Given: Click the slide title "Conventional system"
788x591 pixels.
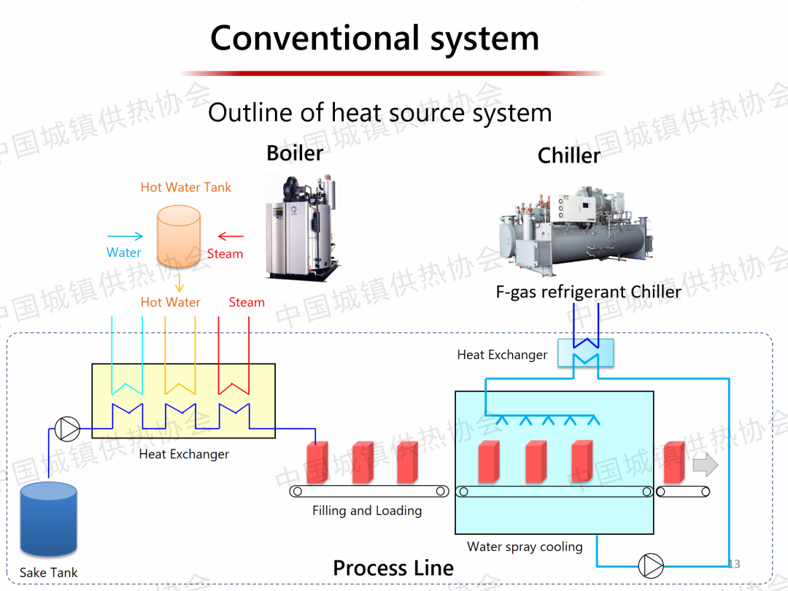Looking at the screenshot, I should coord(374,38).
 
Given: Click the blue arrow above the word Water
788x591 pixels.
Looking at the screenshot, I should coord(125,236).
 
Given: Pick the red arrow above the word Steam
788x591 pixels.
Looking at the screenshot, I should coord(231,236).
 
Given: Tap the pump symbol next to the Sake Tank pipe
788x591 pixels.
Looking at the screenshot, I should coord(68,429).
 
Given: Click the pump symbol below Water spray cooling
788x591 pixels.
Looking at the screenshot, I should coord(650,565).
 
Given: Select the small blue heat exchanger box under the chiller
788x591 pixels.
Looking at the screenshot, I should coord(585,352).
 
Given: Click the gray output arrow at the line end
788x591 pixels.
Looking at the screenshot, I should coord(705,465).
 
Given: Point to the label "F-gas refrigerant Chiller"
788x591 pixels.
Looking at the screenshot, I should coord(588,292).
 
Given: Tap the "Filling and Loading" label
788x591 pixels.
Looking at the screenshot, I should coord(367,511).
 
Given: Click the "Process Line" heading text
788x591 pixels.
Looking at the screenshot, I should coord(393,568).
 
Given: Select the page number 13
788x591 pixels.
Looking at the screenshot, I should coord(734,564).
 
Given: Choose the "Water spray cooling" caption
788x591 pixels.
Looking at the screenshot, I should coord(525,546).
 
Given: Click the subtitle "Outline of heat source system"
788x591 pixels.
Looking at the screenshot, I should coord(379,112).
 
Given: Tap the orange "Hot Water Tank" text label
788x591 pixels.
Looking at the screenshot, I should coord(185,188).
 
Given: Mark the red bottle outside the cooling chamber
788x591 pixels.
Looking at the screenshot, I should coord(673,463).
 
